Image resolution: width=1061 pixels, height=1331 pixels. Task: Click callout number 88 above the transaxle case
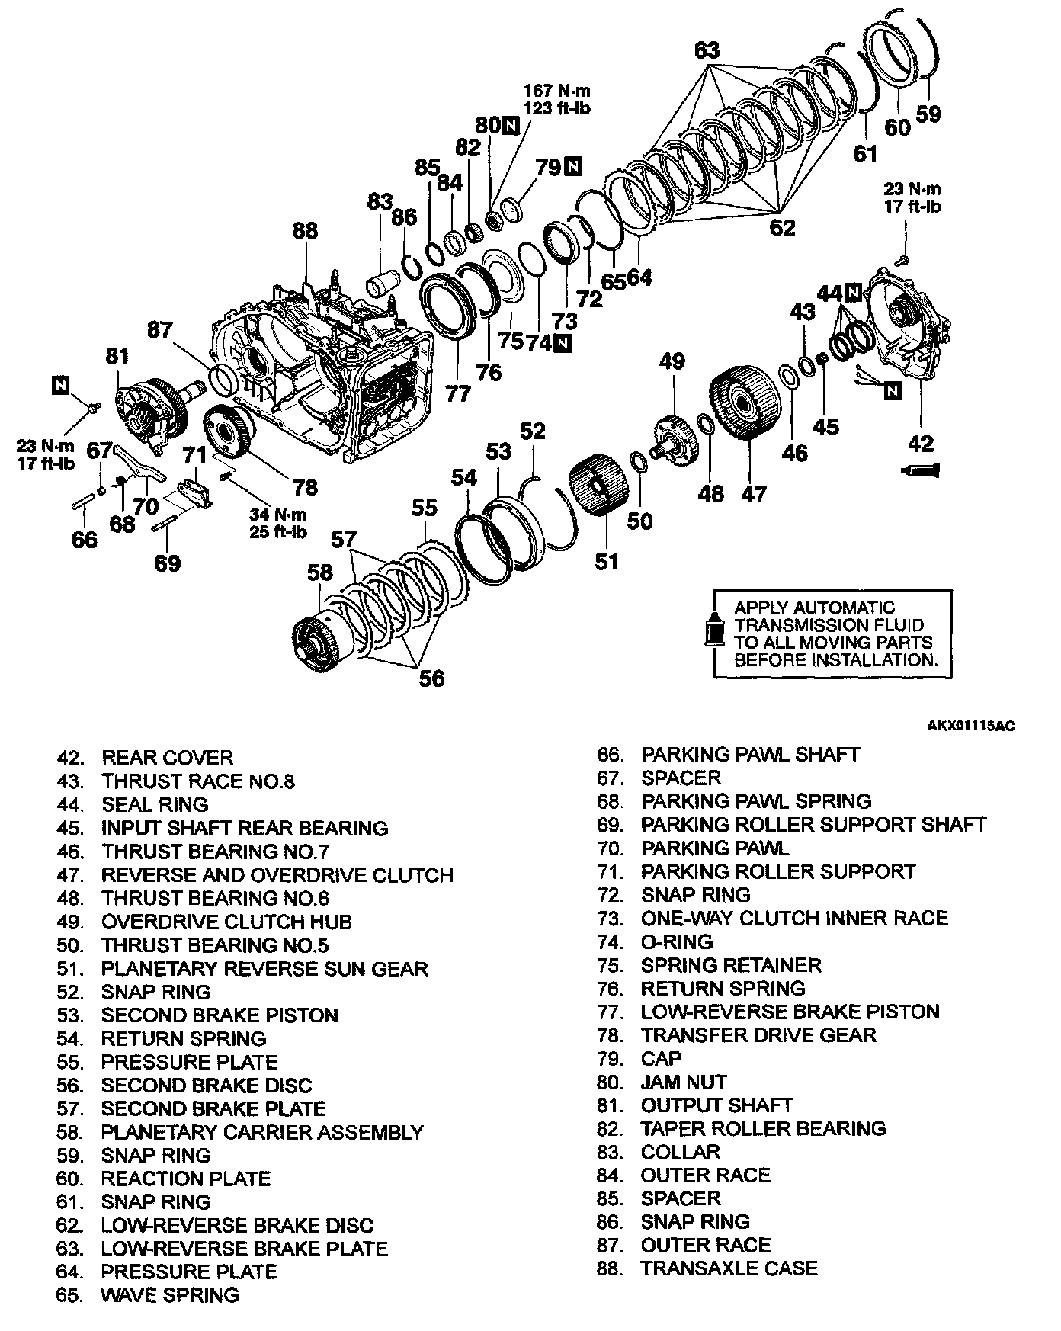305,230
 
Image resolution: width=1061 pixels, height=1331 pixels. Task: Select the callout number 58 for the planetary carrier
320,572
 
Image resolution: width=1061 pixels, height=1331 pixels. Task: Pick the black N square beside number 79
573,166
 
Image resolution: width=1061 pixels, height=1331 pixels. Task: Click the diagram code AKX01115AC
970,726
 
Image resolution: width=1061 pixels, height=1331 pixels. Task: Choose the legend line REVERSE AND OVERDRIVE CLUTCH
277,875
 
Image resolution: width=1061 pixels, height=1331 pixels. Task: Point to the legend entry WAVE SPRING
169,1294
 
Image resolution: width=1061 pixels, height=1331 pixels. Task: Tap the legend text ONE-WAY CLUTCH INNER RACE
793,918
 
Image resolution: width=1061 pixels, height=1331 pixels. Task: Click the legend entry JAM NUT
683,1082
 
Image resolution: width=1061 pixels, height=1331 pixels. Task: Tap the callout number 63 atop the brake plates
707,51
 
